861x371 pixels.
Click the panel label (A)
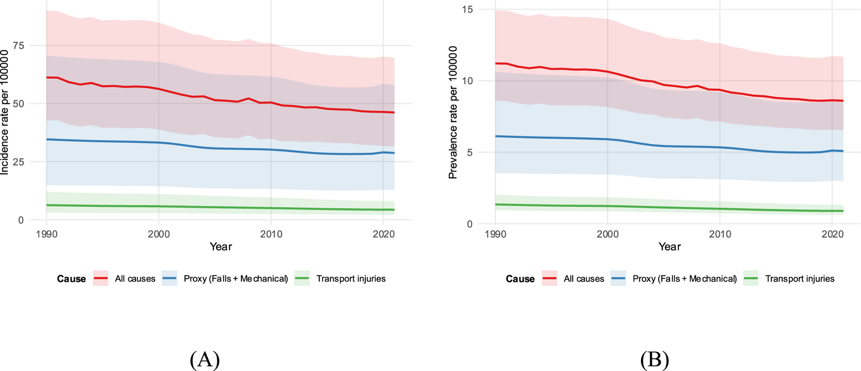[x=205, y=360]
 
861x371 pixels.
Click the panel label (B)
[x=654, y=360]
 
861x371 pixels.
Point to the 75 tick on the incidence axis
[x=18, y=45]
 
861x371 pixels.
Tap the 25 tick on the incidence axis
[x=18, y=161]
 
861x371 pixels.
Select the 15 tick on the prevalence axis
[x=467, y=9]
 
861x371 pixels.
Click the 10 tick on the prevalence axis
[x=467, y=81]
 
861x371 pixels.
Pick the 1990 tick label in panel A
[x=47, y=234]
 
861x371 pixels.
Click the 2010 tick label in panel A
[x=271, y=234]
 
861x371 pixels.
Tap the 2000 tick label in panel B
[x=607, y=234]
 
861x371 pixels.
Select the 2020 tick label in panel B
[x=832, y=234]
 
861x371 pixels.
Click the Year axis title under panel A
[x=221, y=247]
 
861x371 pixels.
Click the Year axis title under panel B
[x=669, y=247]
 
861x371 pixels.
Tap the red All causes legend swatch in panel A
[x=101, y=279]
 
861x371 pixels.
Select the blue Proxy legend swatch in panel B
[x=618, y=279]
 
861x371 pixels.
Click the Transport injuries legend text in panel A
[x=351, y=279]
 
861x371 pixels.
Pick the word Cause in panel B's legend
[x=520, y=279]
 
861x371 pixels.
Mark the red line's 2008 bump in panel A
[x=249, y=99]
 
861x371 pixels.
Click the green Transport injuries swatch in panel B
[x=751, y=279]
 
